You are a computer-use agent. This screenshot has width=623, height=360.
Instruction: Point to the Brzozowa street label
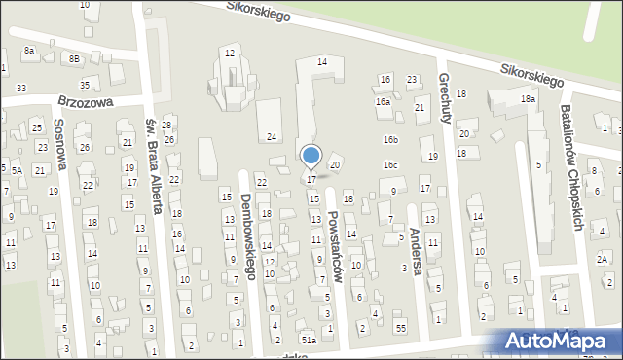click(86, 100)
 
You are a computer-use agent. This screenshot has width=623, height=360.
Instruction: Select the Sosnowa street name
click(60, 144)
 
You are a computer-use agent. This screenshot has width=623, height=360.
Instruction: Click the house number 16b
click(390, 140)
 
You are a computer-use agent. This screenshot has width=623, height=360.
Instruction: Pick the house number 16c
click(390, 165)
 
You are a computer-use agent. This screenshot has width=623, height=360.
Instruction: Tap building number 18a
click(528, 99)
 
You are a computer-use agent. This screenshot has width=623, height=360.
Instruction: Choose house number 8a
click(29, 50)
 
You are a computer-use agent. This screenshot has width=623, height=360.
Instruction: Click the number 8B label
click(74, 58)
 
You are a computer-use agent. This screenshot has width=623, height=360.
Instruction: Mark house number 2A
click(603, 258)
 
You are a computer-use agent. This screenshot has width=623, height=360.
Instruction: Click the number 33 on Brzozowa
click(21, 88)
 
